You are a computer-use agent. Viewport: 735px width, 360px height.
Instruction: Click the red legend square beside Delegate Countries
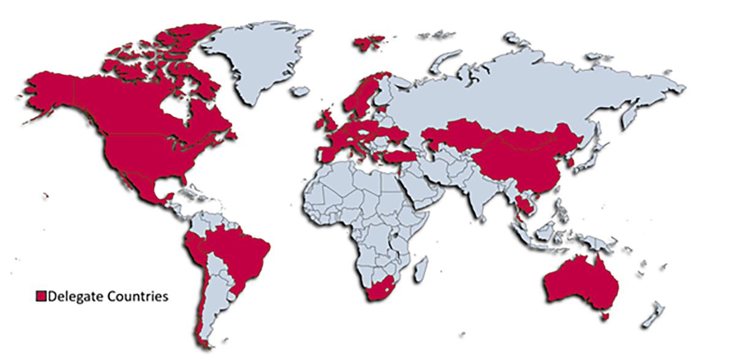(41, 296)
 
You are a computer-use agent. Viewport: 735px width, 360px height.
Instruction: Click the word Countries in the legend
(137, 296)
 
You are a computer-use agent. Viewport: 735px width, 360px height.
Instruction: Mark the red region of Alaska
(49, 92)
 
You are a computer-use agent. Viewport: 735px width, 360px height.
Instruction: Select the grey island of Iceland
(300, 91)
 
